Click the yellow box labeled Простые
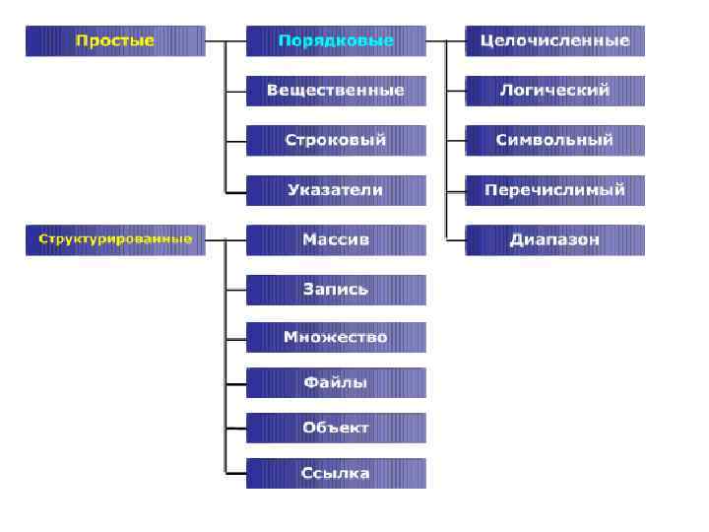(115, 41)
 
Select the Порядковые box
(336, 41)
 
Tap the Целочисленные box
(554, 41)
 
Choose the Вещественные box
(336, 91)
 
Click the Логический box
(554, 91)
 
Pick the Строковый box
(336, 140)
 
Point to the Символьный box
(554, 140)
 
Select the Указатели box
(336, 190)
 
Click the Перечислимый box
(554, 190)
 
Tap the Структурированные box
(115, 239)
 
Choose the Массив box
(336, 239)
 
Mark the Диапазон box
(554, 239)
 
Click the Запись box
(336, 290)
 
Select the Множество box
(336, 337)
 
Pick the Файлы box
(336, 382)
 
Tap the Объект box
(336, 428)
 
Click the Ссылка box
(336, 473)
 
